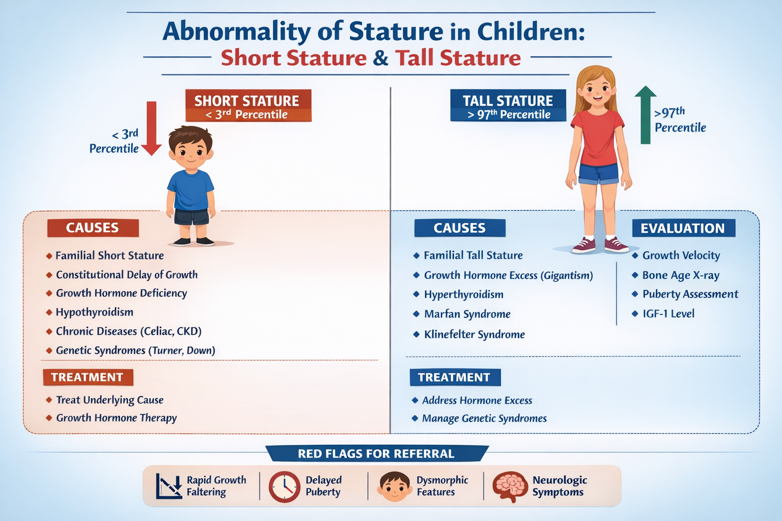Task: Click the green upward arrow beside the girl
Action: (x=645, y=115)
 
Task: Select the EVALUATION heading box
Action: (x=683, y=228)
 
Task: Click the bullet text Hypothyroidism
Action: (x=94, y=312)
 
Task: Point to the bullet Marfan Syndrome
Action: (x=467, y=314)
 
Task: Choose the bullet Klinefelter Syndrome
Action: (x=474, y=335)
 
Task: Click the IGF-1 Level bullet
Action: (x=668, y=314)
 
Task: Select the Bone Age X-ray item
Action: (x=680, y=276)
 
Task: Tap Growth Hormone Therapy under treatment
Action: (x=116, y=418)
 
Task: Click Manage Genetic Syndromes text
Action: (x=484, y=419)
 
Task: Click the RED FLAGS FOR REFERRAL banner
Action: (x=376, y=453)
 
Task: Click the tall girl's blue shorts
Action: (x=598, y=174)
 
